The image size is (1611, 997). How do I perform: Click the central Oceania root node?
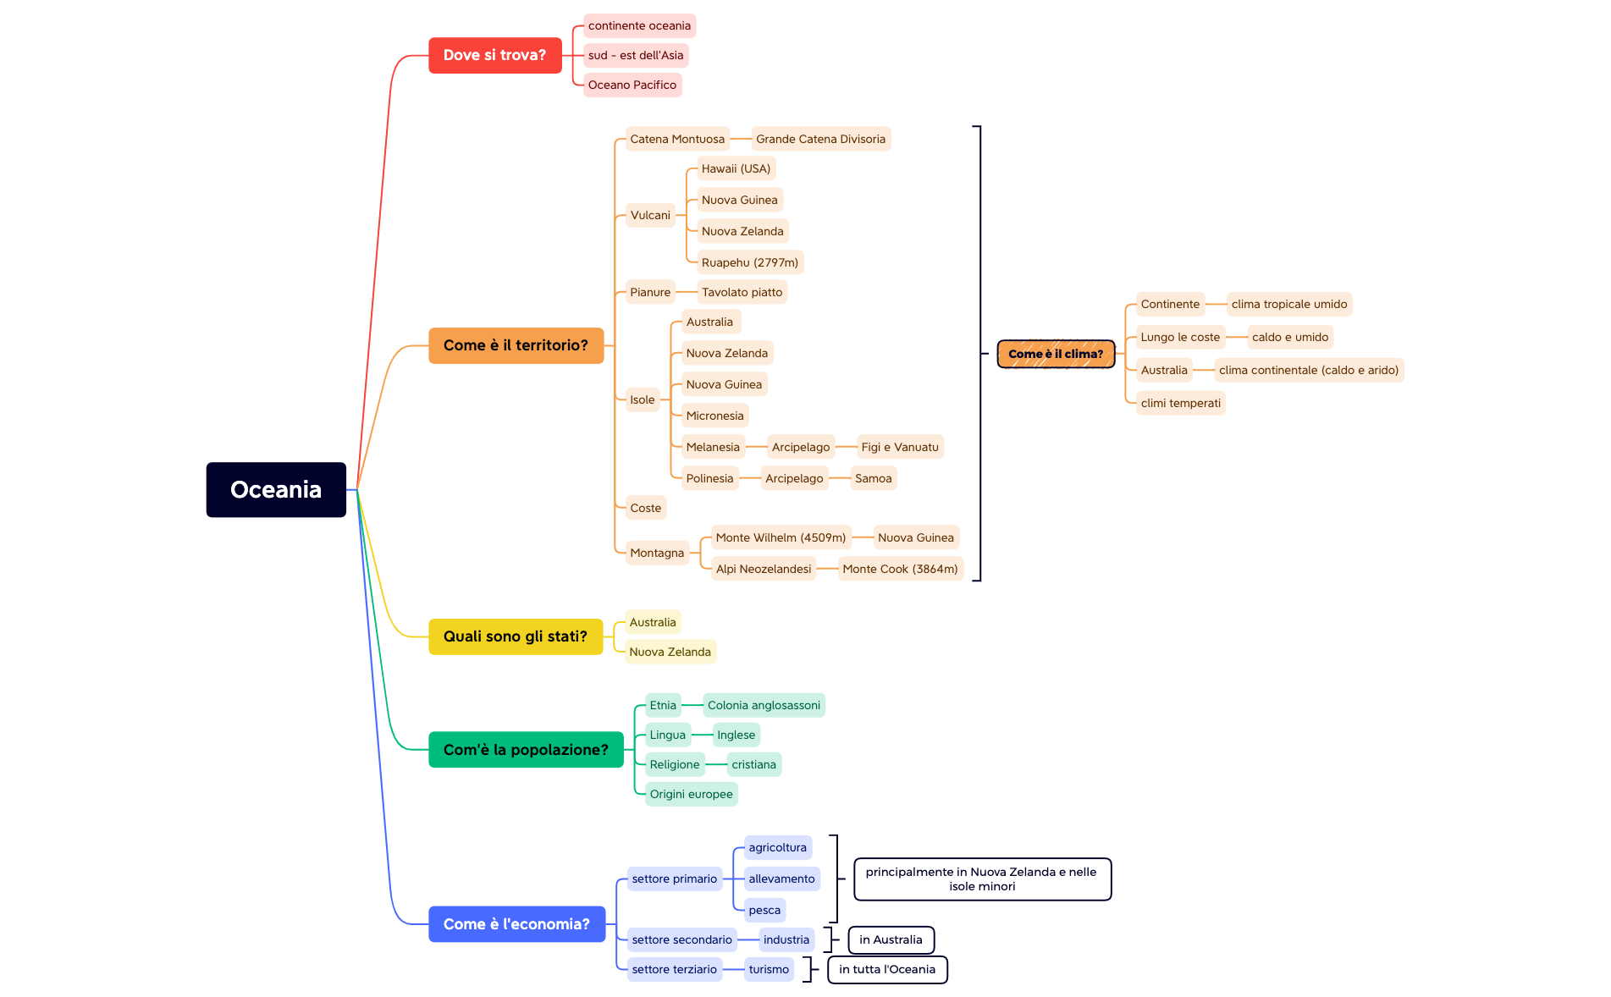(x=276, y=489)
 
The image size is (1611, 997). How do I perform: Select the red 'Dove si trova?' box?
(x=494, y=55)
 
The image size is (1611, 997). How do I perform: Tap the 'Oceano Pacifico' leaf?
(x=632, y=85)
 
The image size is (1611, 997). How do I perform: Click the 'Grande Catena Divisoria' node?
(x=820, y=139)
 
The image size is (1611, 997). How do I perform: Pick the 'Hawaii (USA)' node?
(x=736, y=168)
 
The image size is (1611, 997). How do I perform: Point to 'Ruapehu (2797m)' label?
(x=749, y=262)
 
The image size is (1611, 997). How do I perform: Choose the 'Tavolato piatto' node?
(x=742, y=292)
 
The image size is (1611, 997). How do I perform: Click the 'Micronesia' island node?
(x=714, y=416)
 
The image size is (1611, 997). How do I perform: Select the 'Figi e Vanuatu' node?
(x=899, y=447)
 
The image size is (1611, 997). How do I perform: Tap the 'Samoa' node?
(x=873, y=478)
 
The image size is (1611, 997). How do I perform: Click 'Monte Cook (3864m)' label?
(x=900, y=569)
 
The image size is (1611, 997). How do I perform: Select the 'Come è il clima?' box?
(x=1055, y=354)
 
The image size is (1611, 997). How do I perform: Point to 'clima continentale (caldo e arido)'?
(x=1308, y=370)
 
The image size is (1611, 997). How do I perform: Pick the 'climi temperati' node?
(x=1180, y=403)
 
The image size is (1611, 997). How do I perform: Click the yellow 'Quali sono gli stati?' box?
(x=515, y=636)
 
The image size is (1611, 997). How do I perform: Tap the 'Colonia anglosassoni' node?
(x=764, y=705)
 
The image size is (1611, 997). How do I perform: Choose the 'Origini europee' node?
(x=691, y=794)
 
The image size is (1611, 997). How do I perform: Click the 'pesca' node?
(x=764, y=910)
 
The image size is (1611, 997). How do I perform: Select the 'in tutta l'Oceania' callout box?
(x=886, y=969)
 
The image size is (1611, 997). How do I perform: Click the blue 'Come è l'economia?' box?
(x=516, y=924)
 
